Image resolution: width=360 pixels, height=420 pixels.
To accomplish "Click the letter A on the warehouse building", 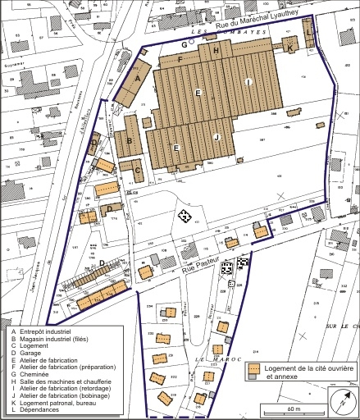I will coord(138,78).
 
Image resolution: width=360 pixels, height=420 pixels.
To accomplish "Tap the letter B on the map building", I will coord(130,140).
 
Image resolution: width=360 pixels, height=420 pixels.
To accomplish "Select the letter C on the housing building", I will coord(139,171).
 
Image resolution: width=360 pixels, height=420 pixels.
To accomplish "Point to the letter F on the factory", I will coord(180,60).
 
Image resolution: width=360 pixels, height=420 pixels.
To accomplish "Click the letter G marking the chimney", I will coord(185,44).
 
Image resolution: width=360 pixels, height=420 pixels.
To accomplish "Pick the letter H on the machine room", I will coord(216,51).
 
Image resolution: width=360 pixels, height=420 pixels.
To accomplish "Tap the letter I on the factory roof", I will coord(247,80).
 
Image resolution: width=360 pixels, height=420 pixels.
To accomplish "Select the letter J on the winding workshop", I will coord(216,136).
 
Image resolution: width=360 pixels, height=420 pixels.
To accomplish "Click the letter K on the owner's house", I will coord(290,49).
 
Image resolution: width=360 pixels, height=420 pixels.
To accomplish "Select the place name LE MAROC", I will coord(210,360).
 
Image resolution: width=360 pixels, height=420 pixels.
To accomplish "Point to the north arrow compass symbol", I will coord(341,401).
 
